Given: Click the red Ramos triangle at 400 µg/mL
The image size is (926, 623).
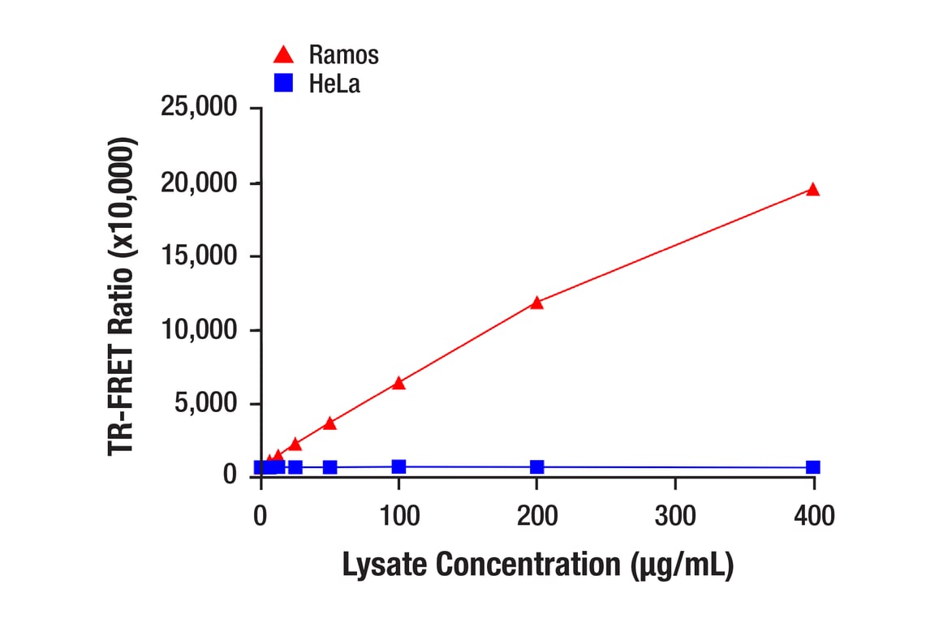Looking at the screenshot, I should click(812, 190).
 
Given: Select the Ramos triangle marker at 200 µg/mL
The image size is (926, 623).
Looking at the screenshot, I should click(536, 303).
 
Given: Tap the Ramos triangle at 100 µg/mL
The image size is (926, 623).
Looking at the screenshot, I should click(398, 383).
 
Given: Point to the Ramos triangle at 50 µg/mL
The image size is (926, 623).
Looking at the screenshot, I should click(329, 423).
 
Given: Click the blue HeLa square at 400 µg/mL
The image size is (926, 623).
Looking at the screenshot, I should click(812, 467).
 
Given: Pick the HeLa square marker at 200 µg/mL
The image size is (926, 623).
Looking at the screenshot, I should click(536, 466).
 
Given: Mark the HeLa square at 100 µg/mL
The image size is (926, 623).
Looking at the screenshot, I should click(398, 466).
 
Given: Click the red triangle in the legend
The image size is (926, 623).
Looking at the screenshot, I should click(283, 55).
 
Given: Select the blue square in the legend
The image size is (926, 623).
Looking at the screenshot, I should click(283, 83).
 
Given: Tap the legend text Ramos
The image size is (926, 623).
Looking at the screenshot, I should click(343, 55).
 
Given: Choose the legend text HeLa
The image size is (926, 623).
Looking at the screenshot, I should click(334, 84).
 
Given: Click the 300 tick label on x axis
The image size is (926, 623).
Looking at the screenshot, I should click(675, 515).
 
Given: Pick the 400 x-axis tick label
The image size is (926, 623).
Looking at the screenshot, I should click(812, 515).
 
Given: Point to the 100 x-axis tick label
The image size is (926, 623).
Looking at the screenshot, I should click(398, 515).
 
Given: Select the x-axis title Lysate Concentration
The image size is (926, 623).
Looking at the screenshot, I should click(537, 565).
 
